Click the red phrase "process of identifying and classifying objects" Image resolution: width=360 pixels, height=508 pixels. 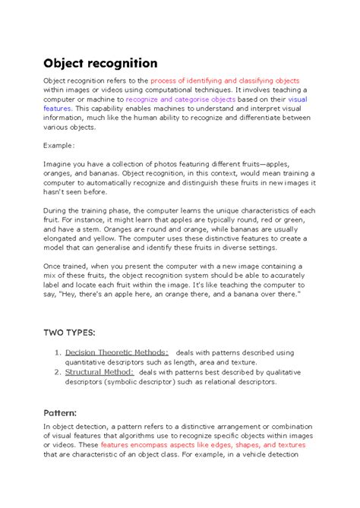click(x=226, y=80)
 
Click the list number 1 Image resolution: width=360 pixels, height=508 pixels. click(x=58, y=352)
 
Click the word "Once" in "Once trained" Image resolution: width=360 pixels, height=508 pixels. click(x=54, y=266)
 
